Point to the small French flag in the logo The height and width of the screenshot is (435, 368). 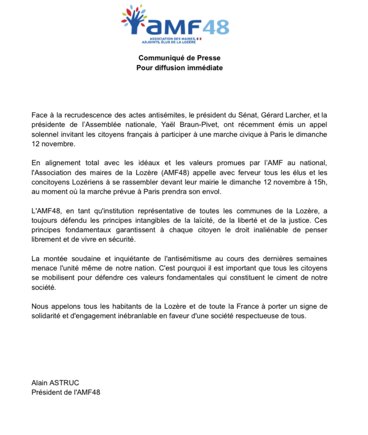200,39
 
